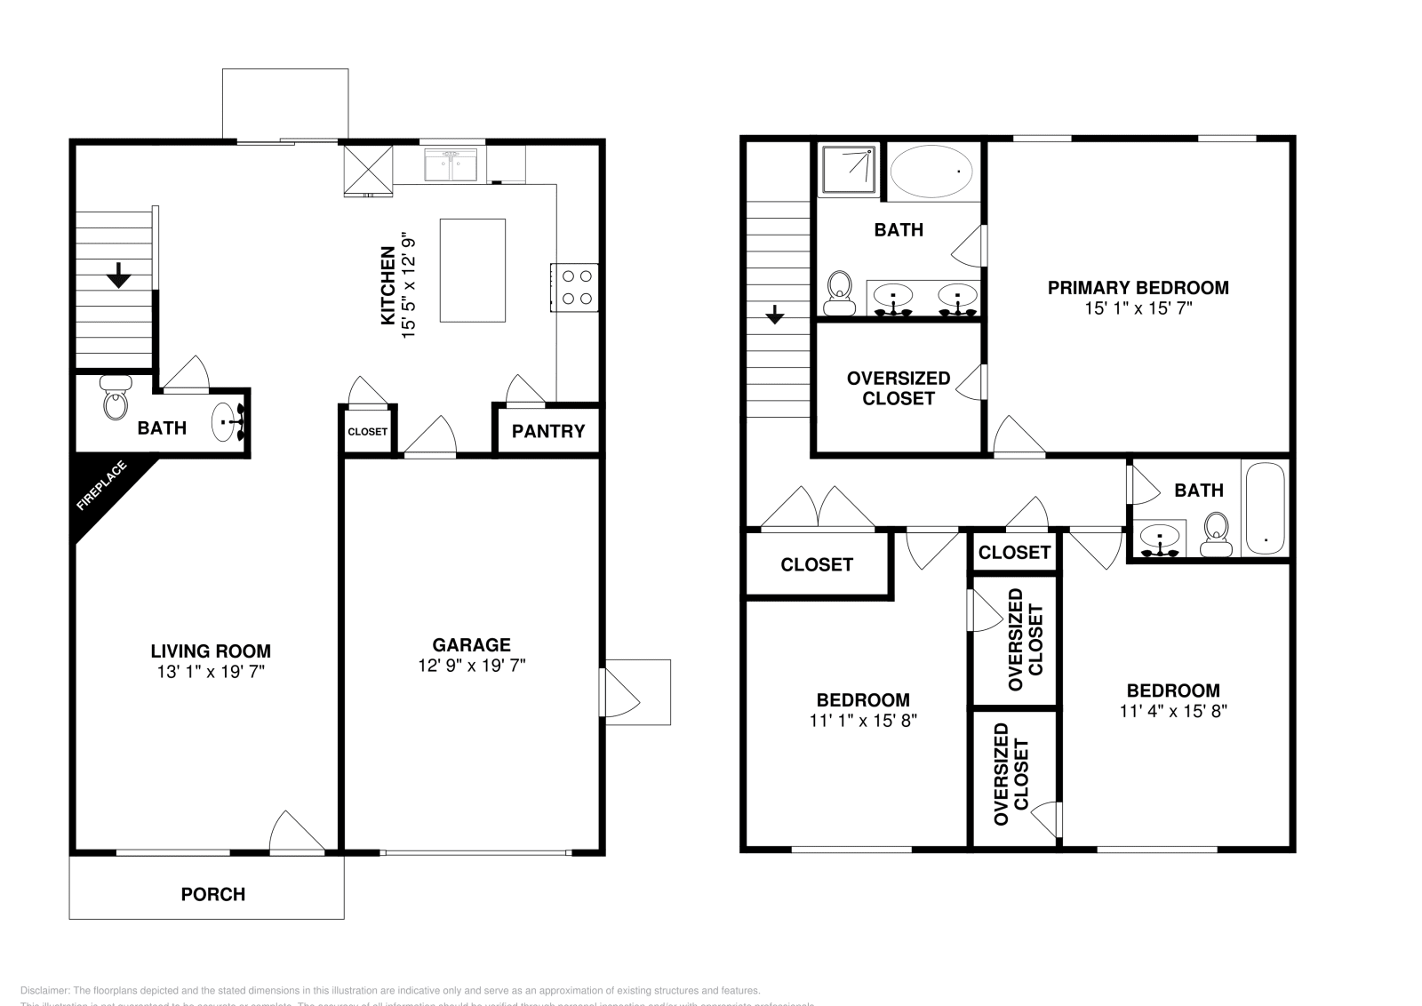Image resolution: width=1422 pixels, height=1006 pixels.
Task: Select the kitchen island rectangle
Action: point(473,271)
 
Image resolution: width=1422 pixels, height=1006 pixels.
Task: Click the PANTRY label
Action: point(548,431)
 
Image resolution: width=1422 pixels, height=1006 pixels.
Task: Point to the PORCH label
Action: point(212,894)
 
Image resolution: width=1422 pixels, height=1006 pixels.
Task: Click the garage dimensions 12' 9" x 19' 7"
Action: point(471,665)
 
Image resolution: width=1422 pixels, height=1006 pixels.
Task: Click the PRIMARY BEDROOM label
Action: point(1138,287)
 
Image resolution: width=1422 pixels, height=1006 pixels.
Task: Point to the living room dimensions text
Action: point(211,672)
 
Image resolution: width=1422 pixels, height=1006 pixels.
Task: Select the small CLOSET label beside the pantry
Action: point(367,432)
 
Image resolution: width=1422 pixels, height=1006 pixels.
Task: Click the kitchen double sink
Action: point(452,165)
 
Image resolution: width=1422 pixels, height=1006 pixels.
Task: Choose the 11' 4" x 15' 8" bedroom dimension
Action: point(1173,710)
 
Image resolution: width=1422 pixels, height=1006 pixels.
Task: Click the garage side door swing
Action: point(619,691)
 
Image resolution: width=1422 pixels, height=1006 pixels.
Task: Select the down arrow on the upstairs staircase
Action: point(775,315)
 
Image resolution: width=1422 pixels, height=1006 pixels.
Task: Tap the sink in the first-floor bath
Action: point(228,421)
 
